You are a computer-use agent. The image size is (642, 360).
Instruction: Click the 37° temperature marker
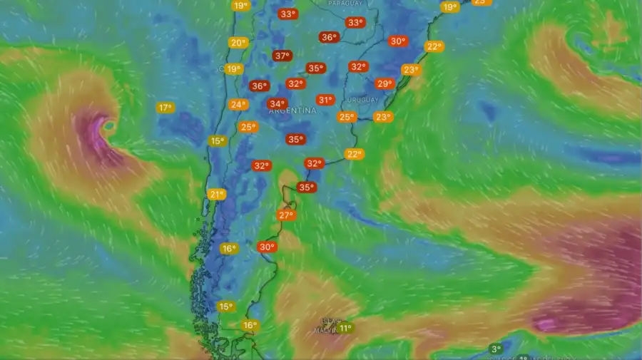pyautogui.click(x=282, y=56)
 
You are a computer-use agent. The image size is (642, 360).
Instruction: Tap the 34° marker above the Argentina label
pyautogui.click(x=277, y=103)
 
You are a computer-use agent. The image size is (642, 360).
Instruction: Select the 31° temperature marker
pyautogui.click(x=325, y=100)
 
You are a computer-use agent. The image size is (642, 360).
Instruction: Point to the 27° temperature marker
pyautogui.click(x=286, y=215)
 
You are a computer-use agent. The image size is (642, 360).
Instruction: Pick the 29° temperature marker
pyautogui.click(x=384, y=83)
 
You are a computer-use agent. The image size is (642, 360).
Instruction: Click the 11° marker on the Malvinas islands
pyautogui.click(x=345, y=328)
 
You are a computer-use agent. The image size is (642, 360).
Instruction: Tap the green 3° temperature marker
pyautogui.click(x=496, y=349)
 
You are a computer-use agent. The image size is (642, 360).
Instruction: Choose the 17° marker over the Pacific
pyautogui.click(x=165, y=108)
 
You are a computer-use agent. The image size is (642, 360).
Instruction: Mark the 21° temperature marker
pyautogui.click(x=217, y=194)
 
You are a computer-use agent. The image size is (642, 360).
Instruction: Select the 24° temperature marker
pyautogui.click(x=238, y=104)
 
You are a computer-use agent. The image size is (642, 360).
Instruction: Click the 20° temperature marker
pyautogui.click(x=238, y=43)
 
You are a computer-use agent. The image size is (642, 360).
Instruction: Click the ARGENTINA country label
pyautogui.click(x=292, y=111)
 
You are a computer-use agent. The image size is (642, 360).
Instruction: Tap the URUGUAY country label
pyautogui.click(x=364, y=100)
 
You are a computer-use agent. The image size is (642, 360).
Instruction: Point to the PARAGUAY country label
pyautogui.click(x=345, y=4)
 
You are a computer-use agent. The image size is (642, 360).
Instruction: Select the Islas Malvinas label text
pyautogui.click(x=330, y=325)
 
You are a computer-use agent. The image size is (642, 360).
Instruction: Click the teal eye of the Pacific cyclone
pyautogui.click(x=109, y=125)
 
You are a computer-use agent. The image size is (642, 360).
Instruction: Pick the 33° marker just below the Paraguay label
pyautogui.click(x=355, y=23)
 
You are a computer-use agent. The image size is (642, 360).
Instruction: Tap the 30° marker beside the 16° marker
pyautogui.click(x=267, y=247)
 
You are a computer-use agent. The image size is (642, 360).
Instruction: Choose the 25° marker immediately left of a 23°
pyautogui.click(x=347, y=117)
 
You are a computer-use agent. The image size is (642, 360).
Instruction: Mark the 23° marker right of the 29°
pyautogui.click(x=410, y=70)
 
